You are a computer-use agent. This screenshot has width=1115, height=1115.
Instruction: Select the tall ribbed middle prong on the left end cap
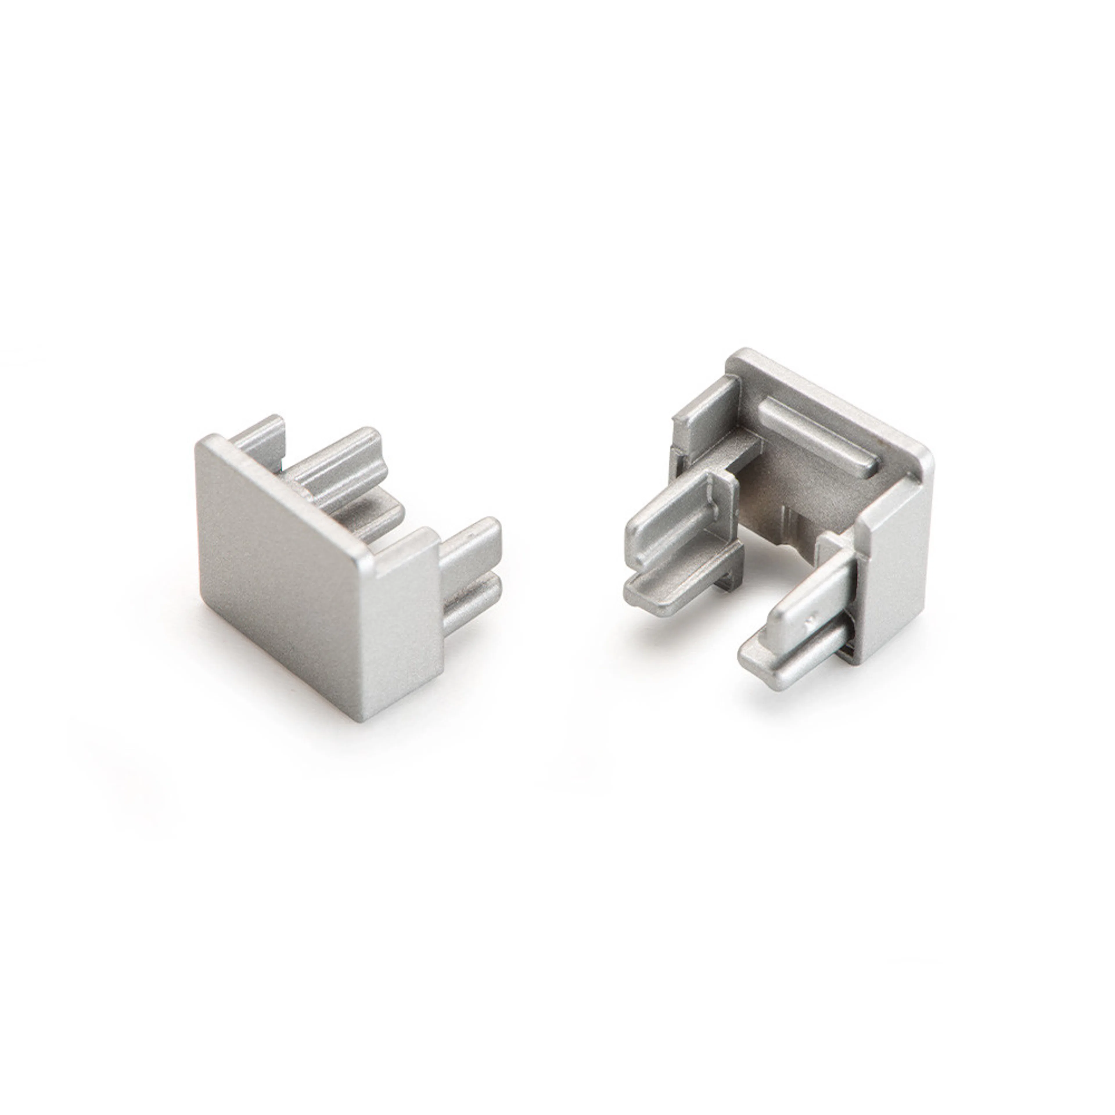[x=341, y=462]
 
